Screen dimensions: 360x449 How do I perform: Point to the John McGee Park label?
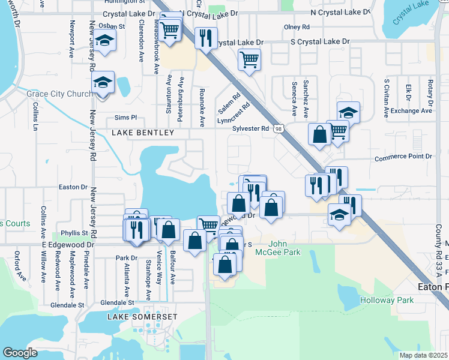(x=285, y=248)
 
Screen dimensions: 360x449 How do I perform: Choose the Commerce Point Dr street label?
(x=403, y=157)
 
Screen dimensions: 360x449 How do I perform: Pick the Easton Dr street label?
(x=73, y=187)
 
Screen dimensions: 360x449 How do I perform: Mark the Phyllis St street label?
(x=74, y=233)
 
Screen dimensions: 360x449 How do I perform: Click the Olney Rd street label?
(x=297, y=27)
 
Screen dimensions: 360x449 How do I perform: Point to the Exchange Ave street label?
(x=411, y=111)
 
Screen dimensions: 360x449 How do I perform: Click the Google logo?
(x=20, y=353)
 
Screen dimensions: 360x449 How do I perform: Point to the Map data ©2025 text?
(x=423, y=355)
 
